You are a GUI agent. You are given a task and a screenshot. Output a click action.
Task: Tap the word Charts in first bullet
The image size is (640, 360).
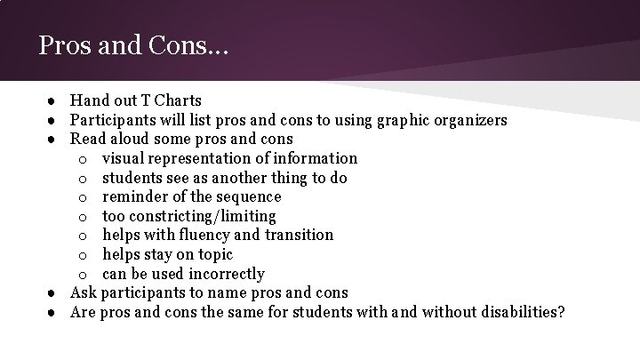[177, 100]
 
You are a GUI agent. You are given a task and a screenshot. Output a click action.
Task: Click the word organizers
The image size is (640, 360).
[470, 120]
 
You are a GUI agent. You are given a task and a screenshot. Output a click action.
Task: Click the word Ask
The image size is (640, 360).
[84, 292]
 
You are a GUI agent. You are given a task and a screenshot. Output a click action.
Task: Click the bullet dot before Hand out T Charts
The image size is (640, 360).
[53, 101]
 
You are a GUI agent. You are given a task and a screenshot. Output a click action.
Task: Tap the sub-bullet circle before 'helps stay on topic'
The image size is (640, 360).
[82, 255]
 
